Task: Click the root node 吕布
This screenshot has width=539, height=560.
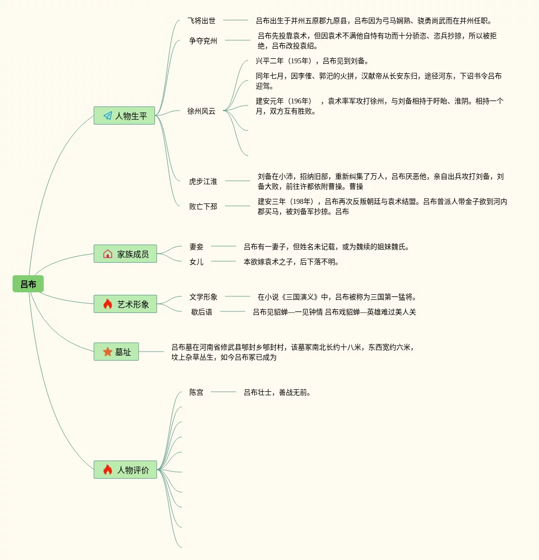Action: (28, 284)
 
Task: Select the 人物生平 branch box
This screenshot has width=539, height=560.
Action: (124, 116)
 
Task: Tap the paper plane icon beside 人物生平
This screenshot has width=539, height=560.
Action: (107, 116)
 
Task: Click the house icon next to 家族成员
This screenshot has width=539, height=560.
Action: (107, 254)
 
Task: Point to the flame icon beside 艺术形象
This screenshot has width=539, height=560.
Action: (107, 304)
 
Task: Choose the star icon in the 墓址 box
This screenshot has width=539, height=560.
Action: (107, 352)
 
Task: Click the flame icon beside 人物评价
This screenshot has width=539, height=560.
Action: (107, 470)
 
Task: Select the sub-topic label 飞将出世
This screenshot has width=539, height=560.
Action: (201, 21)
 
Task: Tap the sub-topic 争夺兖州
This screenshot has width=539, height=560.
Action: (203, 41)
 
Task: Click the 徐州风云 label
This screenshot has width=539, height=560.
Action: (201, 111)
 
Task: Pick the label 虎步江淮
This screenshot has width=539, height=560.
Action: (203, 181)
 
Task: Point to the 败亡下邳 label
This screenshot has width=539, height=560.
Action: (203, 206)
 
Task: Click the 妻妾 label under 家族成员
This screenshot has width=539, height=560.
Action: (196, 247)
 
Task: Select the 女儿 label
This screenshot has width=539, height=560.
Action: (196, 262)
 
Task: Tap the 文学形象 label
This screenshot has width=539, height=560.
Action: (203, 297)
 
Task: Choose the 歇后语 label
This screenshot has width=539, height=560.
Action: (201, 312)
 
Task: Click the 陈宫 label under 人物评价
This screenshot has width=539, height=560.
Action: (196, 392)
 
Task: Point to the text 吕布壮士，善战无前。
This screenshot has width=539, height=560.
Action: (277, 392)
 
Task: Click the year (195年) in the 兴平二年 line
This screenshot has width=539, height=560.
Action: (300, 61)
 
